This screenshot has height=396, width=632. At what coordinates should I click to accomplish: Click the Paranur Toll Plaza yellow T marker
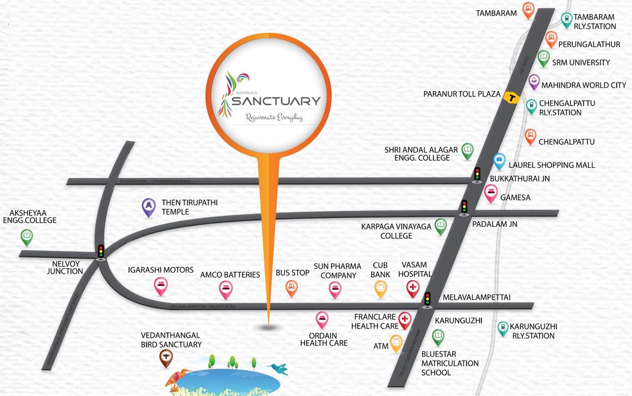pyautogui.click(x=512, y=98)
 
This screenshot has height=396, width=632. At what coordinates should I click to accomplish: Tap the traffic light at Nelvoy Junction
pyautogui.click(x=101, y=251)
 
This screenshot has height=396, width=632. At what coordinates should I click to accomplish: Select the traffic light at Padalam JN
pyautogui.click(x=464, y=207)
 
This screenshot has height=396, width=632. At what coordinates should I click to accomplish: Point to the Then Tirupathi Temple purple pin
pyautogui.click(x=149, y=206)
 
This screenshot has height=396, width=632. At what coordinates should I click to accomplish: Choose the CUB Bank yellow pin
pyautogui.click(x=381, y=288)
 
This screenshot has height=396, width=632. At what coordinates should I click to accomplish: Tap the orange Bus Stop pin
pyautogui.click(x=291, y=288)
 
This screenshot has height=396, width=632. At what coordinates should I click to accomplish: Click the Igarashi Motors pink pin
pyautogui.click(x=161, y=286)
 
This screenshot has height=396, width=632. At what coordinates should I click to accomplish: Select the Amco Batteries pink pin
pyautogui.click(x=226, y=289)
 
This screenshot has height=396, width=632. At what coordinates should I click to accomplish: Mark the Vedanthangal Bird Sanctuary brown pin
pyautogui.click(x=166, y=357)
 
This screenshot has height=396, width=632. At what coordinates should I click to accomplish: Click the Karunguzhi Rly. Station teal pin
pyautogui.click(x=502, y=328)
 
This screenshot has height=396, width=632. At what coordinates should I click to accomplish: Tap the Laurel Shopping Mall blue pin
pyautogui.click(x=499, y=161)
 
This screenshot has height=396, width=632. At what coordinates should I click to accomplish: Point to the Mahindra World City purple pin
pyautogui.click(x=534, y=82)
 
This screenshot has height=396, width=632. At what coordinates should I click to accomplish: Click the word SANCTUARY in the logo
pyautogui.click(x=276, y=101)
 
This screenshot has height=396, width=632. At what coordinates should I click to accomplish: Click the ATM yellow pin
pyautogui.click(x=396, y=343)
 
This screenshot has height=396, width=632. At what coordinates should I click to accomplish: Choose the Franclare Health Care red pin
pyautogui.click(x=404, y=320)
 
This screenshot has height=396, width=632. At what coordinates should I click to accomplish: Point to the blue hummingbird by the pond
pyautogui.click(x=278, y=368)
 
